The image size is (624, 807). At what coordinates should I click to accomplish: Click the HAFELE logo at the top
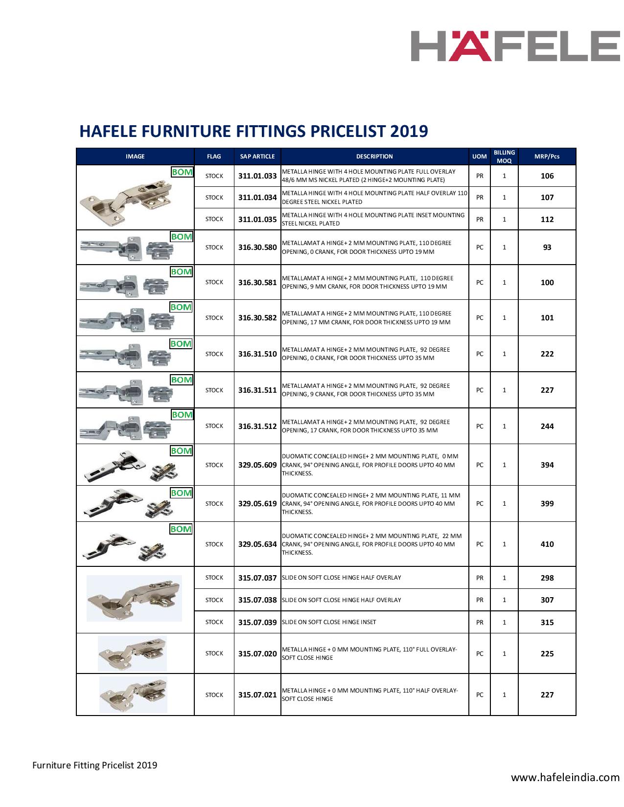514,46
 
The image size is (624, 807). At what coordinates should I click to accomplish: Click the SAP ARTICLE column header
257,157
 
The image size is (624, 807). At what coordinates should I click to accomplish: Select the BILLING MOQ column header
504,157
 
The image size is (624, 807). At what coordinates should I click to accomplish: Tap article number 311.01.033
257,176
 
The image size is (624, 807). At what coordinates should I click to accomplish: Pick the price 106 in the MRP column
547,176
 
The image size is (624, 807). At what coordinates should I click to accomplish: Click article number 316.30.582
257,318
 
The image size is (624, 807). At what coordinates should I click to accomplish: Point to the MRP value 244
547,426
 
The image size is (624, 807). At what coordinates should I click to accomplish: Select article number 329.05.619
257,504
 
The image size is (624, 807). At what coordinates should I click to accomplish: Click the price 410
547,544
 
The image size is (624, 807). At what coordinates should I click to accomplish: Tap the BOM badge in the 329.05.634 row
181,529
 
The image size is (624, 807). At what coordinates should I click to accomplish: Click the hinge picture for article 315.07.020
132,653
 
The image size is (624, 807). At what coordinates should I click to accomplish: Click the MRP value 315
547,623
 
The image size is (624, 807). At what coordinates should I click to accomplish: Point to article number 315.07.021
257,695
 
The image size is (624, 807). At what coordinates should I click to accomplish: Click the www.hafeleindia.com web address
565,777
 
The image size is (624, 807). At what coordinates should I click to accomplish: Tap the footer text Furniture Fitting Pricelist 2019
94,765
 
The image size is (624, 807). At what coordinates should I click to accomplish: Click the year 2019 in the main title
409,131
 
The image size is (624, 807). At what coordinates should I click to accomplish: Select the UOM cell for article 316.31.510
480,354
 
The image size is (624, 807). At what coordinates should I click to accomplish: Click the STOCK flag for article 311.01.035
214,219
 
